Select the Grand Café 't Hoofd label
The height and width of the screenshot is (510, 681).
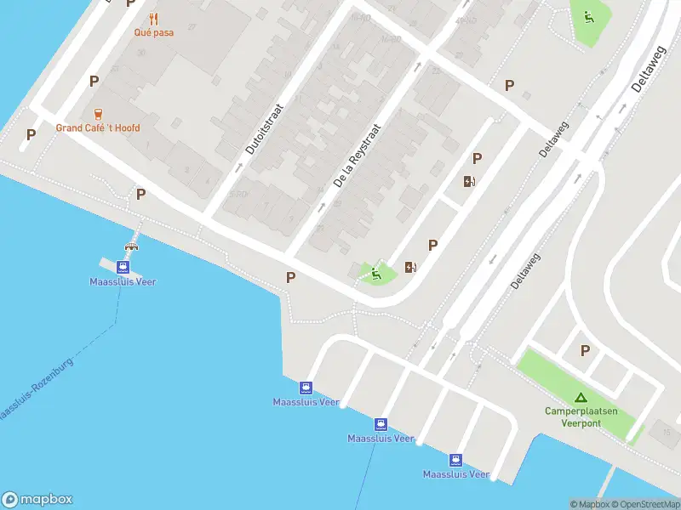(98, 128)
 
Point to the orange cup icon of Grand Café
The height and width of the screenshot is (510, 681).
(98, 113)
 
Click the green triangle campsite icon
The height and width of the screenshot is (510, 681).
(581, 397)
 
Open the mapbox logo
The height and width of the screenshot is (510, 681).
(37, 500)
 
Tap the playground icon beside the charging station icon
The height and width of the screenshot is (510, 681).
(375, 274)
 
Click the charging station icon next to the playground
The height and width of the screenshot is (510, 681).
(411, 268)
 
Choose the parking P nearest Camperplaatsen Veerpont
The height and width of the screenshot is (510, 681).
(585, 350)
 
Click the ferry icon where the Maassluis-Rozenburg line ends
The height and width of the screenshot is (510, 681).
(123, 265)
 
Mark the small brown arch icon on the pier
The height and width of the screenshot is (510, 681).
(132, 247)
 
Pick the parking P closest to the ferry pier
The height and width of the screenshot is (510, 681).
(140, 194)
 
